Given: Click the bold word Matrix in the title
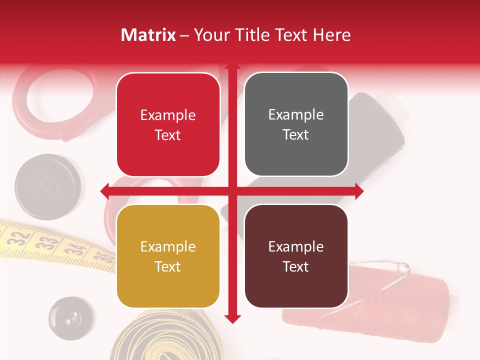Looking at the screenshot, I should (x=148, y=35).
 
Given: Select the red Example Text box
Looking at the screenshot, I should (x=168, y=125).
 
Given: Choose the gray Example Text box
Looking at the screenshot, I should (x=296, y=124).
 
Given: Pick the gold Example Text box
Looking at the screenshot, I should (x=168, y=256).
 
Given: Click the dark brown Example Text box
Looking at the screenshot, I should (x=296, y=256).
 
